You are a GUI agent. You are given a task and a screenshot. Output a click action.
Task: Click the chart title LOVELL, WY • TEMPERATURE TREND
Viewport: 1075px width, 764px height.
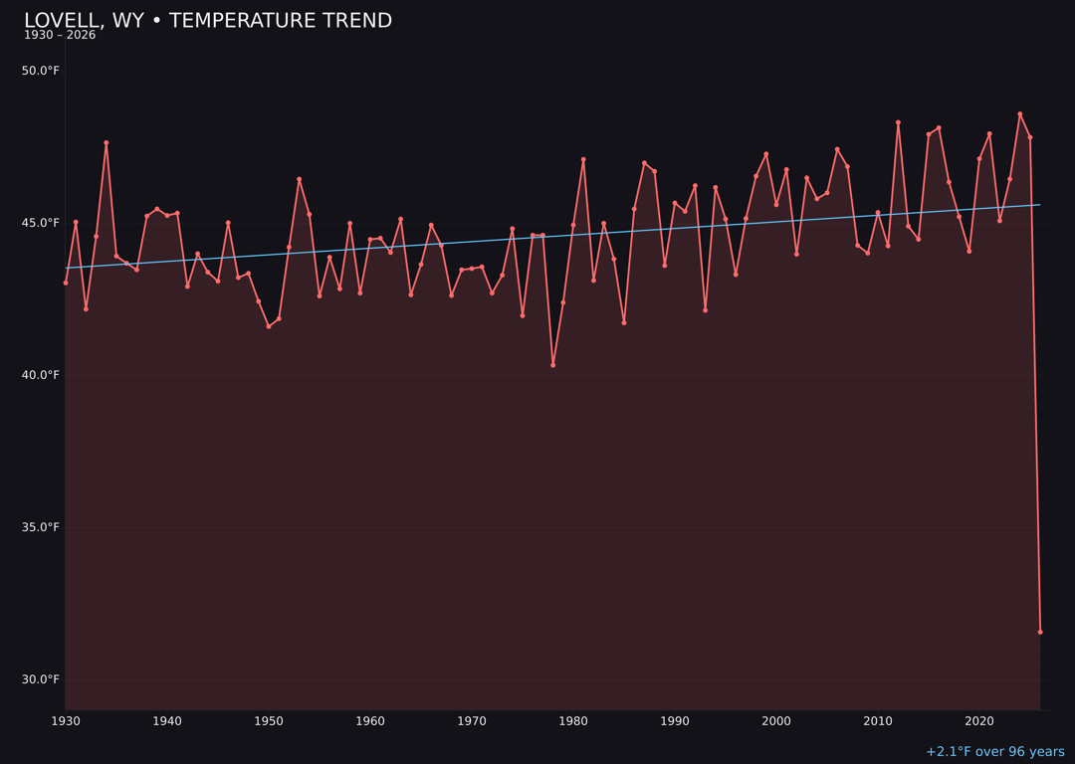[208, 21]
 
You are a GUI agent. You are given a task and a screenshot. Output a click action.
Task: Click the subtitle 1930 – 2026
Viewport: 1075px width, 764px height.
[60, 36]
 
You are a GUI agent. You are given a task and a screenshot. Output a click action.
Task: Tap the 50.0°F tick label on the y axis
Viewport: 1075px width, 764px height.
[41, 71]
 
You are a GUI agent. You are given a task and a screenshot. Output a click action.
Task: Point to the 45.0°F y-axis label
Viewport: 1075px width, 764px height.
[41, 223]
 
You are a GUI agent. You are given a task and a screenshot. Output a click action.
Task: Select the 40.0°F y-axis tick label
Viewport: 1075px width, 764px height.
[41, 375]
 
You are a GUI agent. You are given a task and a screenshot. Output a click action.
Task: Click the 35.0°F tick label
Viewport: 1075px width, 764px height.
[41, 527]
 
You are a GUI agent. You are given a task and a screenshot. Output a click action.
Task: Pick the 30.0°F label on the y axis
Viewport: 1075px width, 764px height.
[41, 679]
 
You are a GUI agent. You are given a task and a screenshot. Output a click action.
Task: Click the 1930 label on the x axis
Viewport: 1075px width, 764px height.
[66, 720]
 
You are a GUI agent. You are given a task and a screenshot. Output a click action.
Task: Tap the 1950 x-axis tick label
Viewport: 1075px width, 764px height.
[269, 720]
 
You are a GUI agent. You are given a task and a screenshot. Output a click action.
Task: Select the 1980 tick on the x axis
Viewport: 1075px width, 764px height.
[573, 720]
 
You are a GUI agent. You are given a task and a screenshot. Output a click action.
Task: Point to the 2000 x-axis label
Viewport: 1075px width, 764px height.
[776, 720]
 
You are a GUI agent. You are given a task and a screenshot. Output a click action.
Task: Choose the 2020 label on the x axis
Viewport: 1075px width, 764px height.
[979, 720]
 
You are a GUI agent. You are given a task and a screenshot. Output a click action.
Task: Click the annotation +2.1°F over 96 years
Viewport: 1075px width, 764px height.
[994, 752]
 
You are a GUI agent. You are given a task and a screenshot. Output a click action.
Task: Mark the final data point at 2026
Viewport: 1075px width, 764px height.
[1040, 632]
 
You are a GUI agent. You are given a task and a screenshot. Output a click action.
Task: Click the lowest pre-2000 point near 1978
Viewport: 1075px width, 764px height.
[552, 365]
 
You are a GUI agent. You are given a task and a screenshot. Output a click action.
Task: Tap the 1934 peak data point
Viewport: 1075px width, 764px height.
[107, 142]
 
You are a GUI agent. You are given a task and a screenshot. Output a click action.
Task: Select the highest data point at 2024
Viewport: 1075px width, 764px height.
[1019, 113]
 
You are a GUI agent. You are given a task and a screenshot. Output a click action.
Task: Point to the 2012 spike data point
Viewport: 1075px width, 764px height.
[898, 122]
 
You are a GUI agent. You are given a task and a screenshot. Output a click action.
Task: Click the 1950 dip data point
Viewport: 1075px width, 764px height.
[269, 326]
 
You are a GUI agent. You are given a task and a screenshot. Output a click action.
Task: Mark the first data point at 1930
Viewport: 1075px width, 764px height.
[66, 283]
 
